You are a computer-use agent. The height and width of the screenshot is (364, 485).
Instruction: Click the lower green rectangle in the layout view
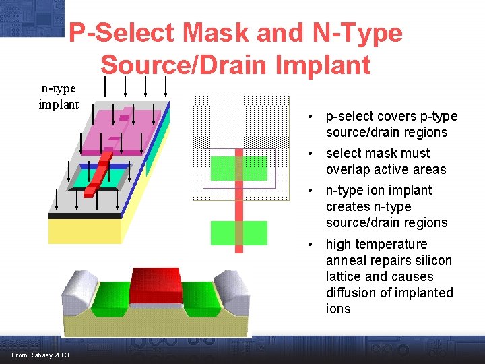coord(238,233)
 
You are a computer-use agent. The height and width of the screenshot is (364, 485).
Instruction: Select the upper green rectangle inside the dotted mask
coord(238,168)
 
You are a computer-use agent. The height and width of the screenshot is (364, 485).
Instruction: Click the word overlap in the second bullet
coord(350,169)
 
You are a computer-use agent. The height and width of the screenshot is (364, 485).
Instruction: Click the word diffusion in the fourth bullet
coord(353,293)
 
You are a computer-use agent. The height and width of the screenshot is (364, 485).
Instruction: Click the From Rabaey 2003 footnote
coord(40,355)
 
